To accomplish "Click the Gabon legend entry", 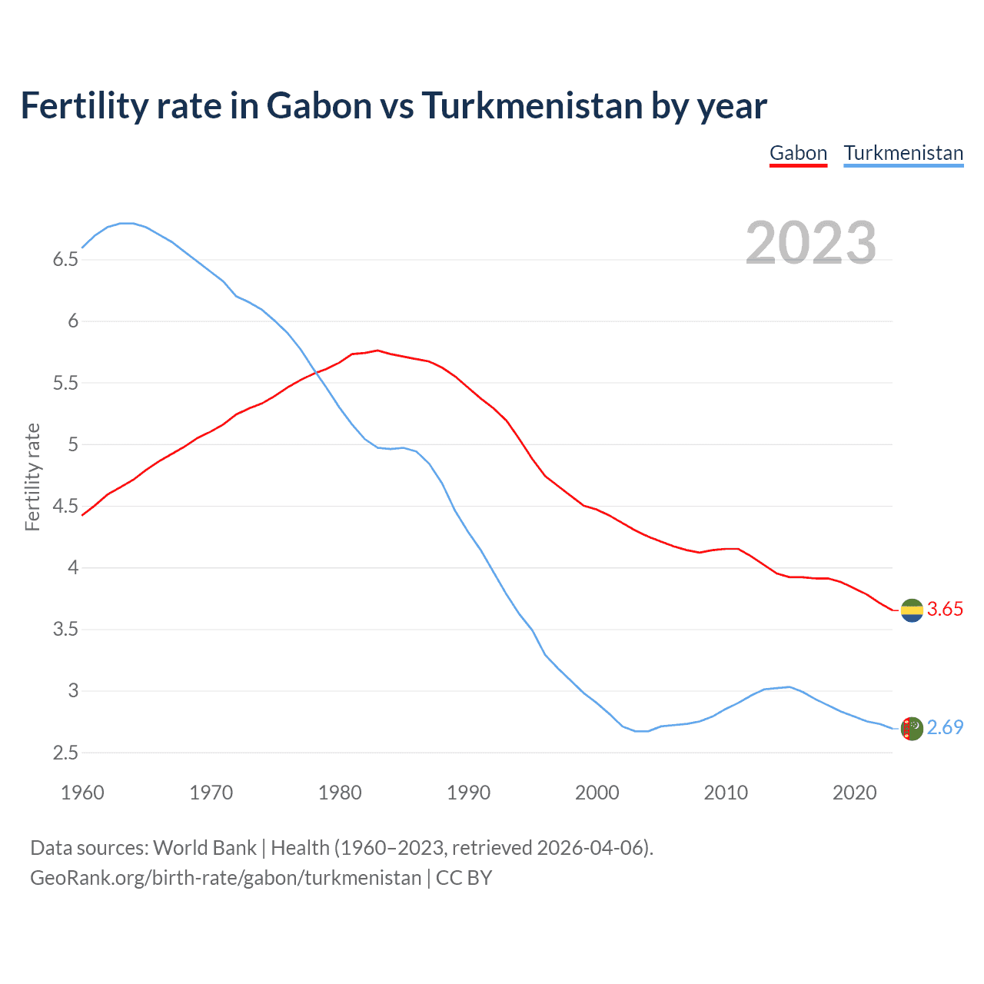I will pos(798,153).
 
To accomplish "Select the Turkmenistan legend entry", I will pos(903,153).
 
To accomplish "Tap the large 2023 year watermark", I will pos(810,243).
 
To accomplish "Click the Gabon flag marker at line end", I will pos(912,610).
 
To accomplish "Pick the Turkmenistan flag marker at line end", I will pos(912,728).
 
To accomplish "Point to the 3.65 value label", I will pos(945,610).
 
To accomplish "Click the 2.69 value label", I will pos(945,728).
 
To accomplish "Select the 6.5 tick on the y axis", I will pos(65,260).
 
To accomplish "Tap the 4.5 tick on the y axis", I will pos(65,507).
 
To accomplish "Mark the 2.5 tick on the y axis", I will pos(65,753).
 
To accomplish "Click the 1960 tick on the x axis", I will pos(82,793).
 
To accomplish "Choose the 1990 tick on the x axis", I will pos(468,793).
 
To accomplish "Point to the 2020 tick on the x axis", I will pos(854,793).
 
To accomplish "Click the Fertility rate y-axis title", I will pos(32,477).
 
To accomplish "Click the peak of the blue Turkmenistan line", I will pos(127,223).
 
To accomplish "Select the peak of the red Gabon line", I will pos(377,350).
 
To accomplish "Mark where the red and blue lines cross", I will pos(314,372).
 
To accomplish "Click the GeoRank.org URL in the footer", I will pos(225,878).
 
